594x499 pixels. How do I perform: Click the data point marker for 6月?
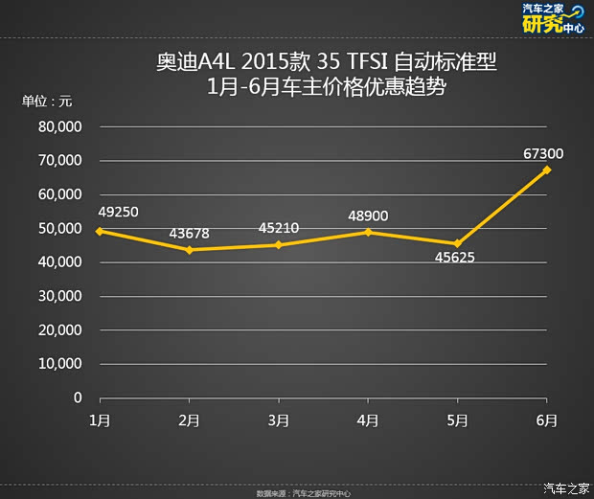click(547, 170)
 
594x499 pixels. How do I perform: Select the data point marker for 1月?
click(100, 231)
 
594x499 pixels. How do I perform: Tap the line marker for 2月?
click(189, 250)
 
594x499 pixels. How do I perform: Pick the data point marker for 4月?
click(368, 232)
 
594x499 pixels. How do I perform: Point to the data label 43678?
click(189, 233)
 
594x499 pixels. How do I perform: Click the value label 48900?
click(368, 215)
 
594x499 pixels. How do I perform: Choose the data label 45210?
click(278, 229)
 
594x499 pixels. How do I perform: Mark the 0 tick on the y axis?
click(78, 397)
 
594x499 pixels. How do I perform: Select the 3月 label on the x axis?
click(278, 420)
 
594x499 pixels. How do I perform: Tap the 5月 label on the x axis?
click(457, 420)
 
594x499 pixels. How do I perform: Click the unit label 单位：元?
click(48, 101)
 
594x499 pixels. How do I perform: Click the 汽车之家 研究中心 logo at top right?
click(552, 19)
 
